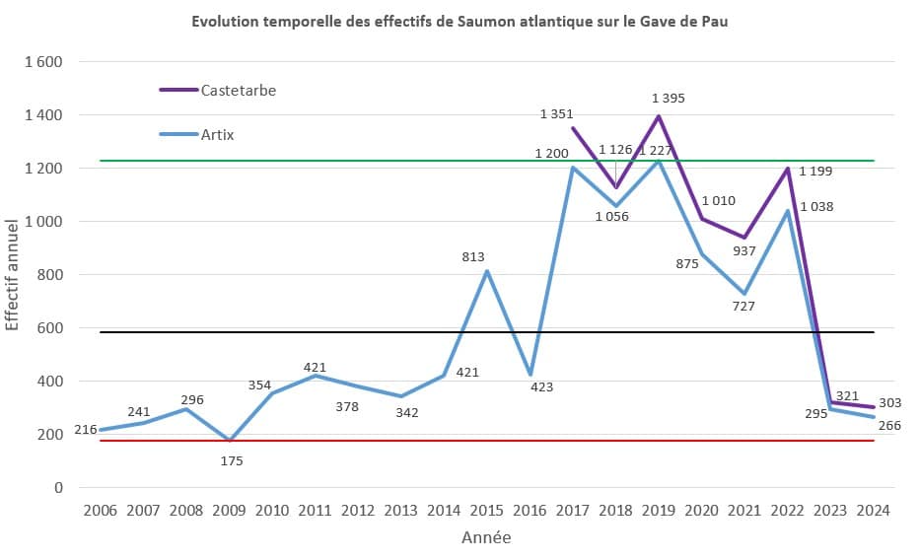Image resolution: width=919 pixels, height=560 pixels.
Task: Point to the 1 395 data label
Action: pyautogui.click(x=668, y=99)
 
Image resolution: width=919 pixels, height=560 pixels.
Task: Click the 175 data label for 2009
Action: pyautogui.click(x=231, y=460)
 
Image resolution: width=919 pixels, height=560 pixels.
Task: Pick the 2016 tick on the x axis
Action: pyautogui.click(x=530, y=512)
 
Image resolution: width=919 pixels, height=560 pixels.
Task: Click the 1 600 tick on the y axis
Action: pyautogui.click(x=42, y=62)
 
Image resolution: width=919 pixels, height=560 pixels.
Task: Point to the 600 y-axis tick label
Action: pyautogui.click(x=48, y=328)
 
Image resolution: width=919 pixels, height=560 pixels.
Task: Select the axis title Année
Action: pyautogui.click(x=486, y=538)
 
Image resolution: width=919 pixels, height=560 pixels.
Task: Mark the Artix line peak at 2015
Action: pyautogui.click(x=486, y=271)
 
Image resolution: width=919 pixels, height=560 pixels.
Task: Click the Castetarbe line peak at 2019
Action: pyautogui.click(x=659, y=116)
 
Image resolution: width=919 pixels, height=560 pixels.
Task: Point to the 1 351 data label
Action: pyautogui.click(x=556, y=114)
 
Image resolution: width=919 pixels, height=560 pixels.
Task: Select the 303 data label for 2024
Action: pyautogui.click(x=889, y=403)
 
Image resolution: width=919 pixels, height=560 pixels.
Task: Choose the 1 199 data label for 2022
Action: pyautogui.click(x=815, y=173)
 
